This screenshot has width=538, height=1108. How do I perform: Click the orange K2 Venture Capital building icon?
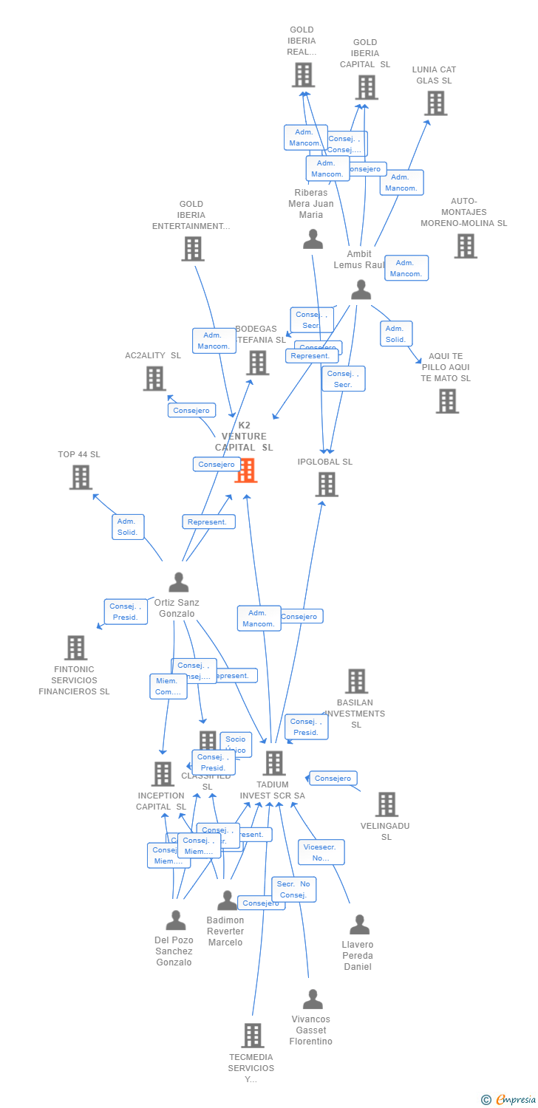(x=246, y=470)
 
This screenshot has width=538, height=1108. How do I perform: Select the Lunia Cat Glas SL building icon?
(x=436, y=103)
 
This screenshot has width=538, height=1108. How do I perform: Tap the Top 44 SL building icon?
(x=81, y=477)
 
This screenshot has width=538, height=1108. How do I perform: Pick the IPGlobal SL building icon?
(x=327, y=485)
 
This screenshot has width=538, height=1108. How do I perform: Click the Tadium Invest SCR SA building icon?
(x=274, y=763)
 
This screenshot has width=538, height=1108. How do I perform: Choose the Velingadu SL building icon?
(x=387, y=804)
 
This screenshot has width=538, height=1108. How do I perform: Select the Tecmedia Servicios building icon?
(x=253, y=1036)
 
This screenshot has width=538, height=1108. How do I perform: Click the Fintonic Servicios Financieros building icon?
(x=75, y=648)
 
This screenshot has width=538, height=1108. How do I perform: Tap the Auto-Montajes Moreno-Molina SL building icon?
(x=466, y=246)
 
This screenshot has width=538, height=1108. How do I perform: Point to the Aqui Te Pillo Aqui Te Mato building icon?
(x=447, y=401)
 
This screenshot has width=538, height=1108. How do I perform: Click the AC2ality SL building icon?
(x=154, y=379)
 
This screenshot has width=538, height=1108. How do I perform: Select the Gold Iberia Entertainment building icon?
(x=193, y=249)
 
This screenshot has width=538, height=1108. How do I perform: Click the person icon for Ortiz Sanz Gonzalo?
(x=178, y=582)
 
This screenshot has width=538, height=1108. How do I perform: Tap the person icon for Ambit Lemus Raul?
(x=361, y=290)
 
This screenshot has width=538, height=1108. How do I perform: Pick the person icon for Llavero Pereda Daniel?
(x=359, y=925)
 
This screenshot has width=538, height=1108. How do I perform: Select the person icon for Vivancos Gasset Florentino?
(x=313, y=999)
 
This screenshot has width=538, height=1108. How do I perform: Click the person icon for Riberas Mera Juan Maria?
(x=313, y=239)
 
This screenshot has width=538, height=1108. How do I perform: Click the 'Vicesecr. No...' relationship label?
(x=321, y=852)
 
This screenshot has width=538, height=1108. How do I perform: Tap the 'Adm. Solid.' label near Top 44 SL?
(x=128, y=527)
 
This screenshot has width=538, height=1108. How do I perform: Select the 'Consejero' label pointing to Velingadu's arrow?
(x=333, y=778)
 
